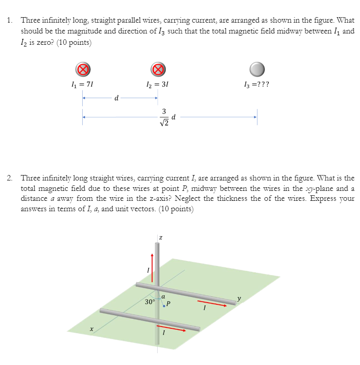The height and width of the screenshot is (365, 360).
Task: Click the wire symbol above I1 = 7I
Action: tap(82, 69)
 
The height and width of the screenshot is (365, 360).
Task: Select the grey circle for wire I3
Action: tap(257, 69)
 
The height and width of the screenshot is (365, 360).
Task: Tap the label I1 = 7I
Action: tap(82, 84)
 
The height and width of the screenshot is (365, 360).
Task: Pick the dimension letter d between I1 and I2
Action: tap(117, 98)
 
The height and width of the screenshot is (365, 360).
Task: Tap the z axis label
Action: tap(160, 238)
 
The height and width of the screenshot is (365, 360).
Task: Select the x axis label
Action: tap(92, 330)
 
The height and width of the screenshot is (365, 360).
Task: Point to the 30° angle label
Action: tap(150, 301)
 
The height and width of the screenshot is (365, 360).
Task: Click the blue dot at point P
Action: tap(164, 306)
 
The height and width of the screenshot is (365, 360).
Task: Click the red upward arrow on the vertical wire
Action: tap(152, 267)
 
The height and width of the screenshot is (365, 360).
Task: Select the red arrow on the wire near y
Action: tap(211, 303)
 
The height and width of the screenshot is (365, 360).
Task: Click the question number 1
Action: tap(10, 20)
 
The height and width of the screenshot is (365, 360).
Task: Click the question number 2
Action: tap(10, 178)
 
